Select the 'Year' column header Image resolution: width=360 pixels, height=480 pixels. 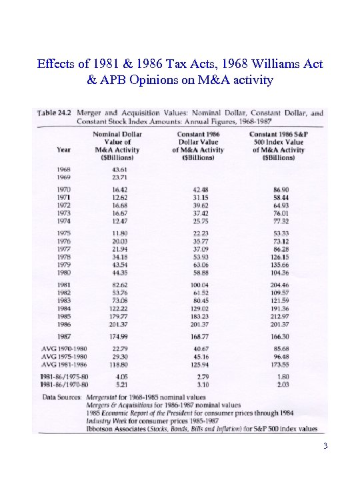click(x=63, y=150)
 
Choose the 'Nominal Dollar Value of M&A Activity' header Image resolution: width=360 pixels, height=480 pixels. click(x=117, y=146)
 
